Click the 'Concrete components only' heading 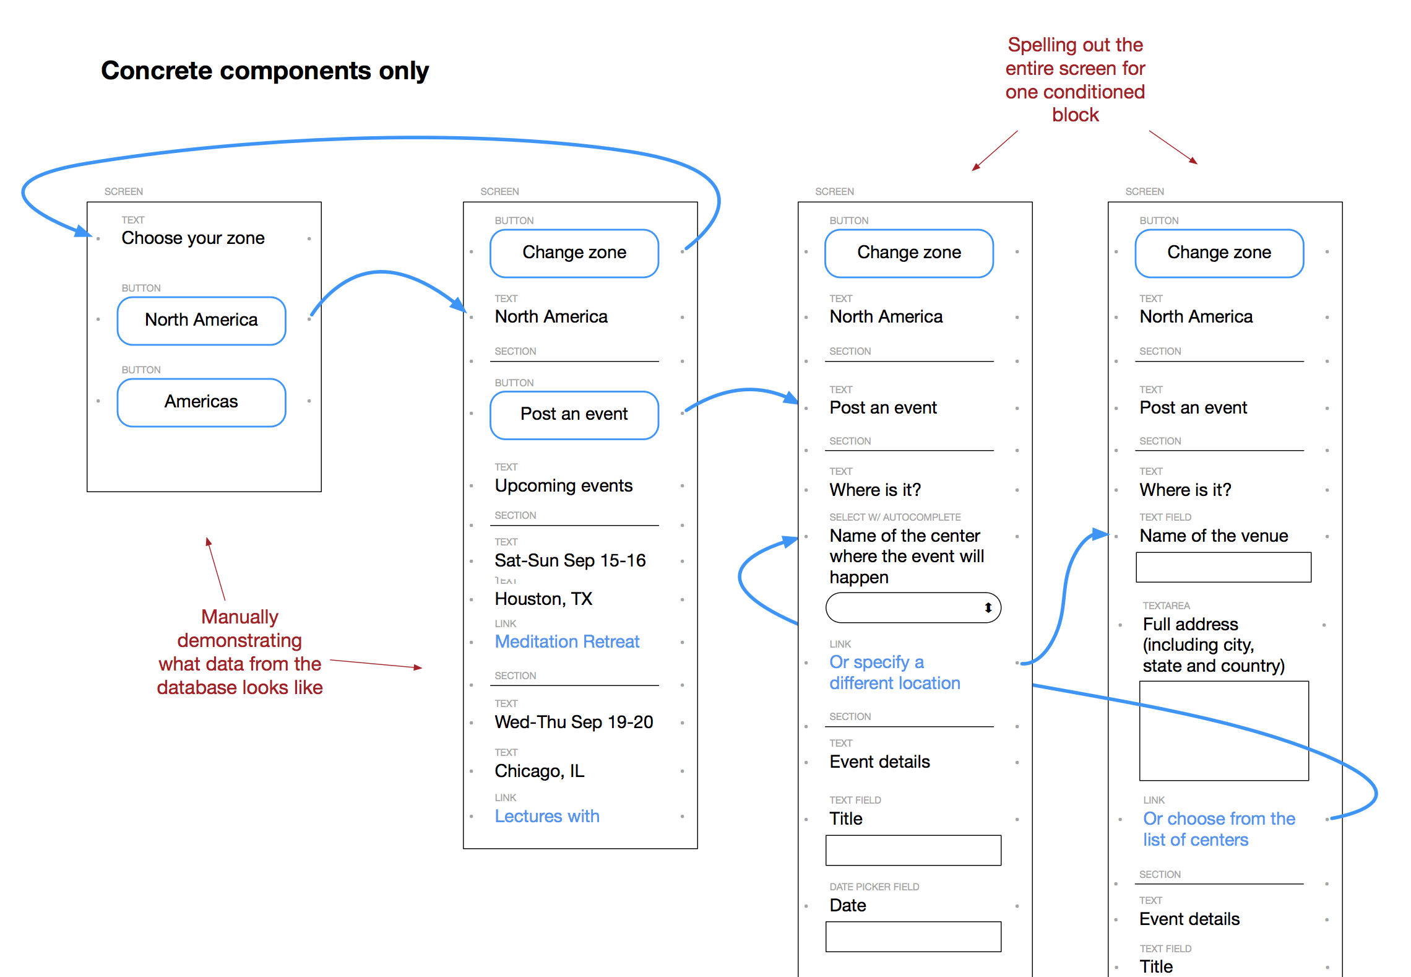tap(265, 71)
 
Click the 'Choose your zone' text tap(193, 238)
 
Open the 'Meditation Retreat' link tap(567, 641)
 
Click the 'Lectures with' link tap(547, 816)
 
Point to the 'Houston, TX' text tap(543, 599)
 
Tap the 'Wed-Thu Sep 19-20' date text tap(574, 722)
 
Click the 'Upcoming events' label tap(564, 485)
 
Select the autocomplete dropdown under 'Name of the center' tap(913, 607)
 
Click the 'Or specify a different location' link tap(895, 672)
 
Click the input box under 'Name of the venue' tap(1223, 567)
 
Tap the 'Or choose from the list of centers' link tap(1219, 829)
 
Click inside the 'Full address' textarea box tap(1224, 731)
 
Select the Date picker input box tap(913, 937)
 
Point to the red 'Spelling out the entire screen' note tap(1076, 80)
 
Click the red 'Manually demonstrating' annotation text tap(240, 652)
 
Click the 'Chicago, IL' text tap(540, 771)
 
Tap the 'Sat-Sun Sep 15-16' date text tap(570, 560)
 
